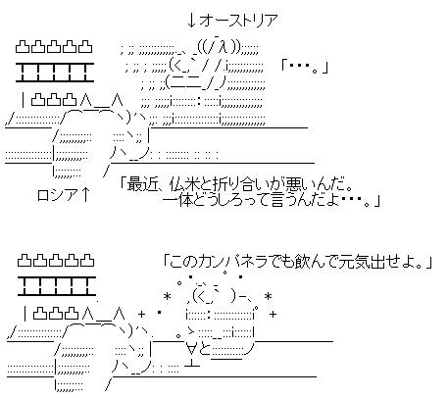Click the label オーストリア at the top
coord(239,21)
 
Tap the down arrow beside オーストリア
coord(191,21)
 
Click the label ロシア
coord(58,195)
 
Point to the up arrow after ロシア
coord(84,195)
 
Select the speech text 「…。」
coord(304,68)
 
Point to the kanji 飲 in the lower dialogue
coord(301,262)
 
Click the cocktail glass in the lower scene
coord(191,355)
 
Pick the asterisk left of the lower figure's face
coord(167,297)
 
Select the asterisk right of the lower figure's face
coord(268,297)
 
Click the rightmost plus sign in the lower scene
coord(273,315)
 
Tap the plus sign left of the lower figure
coord(141,315)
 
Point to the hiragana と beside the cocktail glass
coord(205,350)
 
